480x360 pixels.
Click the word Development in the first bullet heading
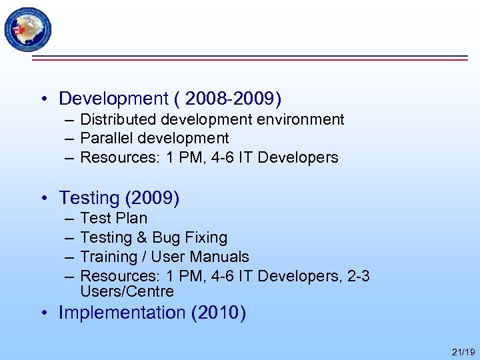point(113,99)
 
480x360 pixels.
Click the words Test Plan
point(113,218)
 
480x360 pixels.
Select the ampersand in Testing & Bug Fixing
point(142,237)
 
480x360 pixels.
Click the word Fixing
point(207,237)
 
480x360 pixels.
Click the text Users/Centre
point(127,291)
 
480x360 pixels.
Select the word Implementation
point(122,313)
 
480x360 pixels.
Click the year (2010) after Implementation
point(218,313)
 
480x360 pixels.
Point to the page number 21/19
point(463,352)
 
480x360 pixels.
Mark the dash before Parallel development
point(69,139)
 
